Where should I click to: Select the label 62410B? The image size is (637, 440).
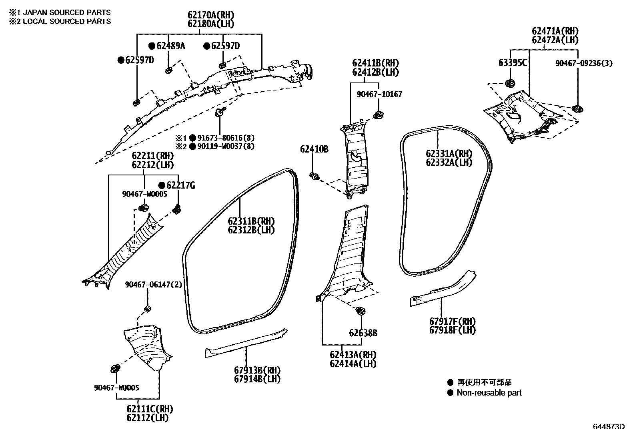314,149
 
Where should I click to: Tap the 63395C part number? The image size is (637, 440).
513,63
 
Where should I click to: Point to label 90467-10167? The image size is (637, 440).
379,94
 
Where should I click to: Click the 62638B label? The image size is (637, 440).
363,333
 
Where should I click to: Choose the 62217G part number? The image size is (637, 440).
180,185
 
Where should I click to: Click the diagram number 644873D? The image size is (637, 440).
609,427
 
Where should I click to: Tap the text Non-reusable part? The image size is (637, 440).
489,393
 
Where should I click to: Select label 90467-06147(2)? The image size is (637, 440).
153,285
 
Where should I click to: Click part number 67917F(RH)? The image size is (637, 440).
453,321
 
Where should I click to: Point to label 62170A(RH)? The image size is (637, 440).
210,15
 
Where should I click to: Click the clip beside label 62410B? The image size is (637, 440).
314,176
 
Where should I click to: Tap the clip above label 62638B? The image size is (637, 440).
360,311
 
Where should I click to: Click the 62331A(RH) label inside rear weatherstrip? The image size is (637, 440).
449,154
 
